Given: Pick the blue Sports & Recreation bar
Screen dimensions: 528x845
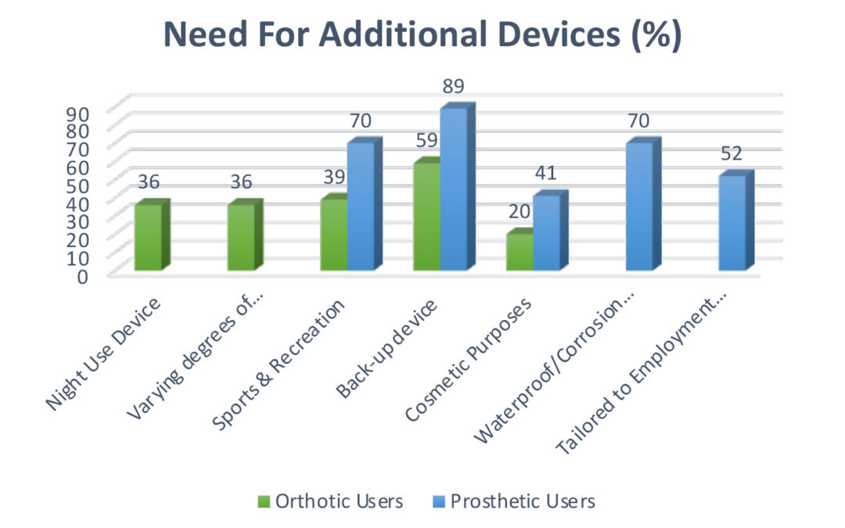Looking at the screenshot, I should [361, 207].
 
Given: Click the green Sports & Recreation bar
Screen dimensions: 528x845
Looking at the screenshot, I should [334, 234].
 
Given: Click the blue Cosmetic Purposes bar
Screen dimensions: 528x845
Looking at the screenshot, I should [546, 232].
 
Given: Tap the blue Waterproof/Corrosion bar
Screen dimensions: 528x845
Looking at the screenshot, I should [639, 207].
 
